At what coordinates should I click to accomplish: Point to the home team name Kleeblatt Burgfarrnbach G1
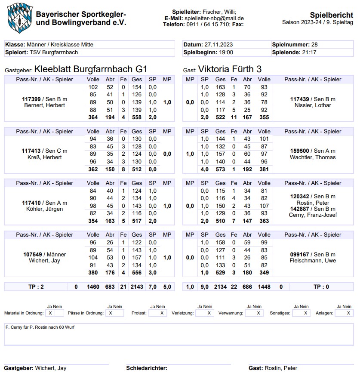(x=90, y=69)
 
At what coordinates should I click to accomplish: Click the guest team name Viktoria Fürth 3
(x=230, y=69)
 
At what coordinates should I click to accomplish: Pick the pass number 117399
(x=31, y=99)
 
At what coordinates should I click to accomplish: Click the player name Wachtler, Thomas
(x=313, y=157)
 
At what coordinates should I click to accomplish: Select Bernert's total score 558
(x=137, y=117)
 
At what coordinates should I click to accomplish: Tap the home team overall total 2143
(x=137, y=287)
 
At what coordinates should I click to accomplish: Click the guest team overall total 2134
(x=220, y=287)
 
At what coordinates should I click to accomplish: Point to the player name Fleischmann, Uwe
(x=313, y=261)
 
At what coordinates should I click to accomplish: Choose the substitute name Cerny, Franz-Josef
(x=313, y=215)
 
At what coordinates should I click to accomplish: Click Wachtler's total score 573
(x=220, y=170)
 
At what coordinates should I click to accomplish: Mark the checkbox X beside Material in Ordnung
(x=50, y=313)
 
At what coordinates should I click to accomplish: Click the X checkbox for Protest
(x=162, y=313)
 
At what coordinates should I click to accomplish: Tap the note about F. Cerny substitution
(x=40, y=327)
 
